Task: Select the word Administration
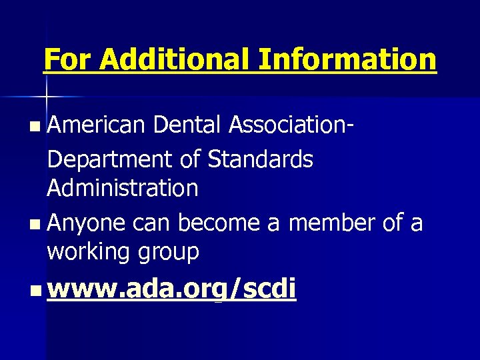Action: [x=122, y=189]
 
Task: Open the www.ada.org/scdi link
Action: [x=172, y=290]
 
